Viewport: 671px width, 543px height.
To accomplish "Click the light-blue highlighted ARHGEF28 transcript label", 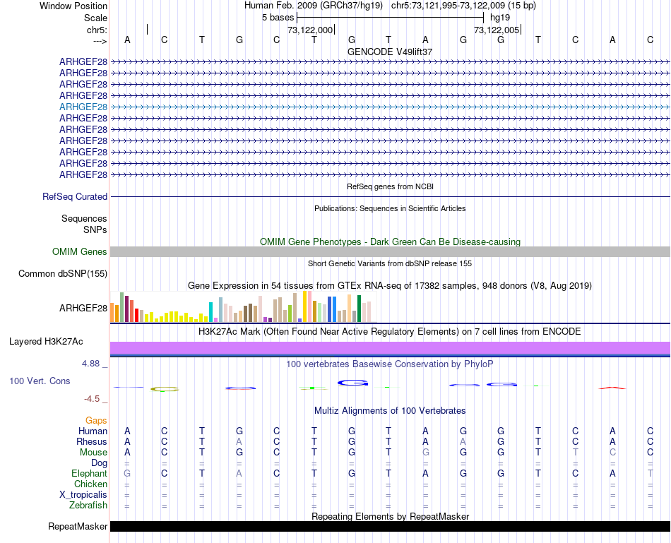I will coord(83,107).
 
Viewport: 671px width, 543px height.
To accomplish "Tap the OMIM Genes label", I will coord(80,251).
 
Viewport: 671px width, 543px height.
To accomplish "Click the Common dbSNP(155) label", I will coord(63,273).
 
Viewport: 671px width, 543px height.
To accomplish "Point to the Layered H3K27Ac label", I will coord(46,342).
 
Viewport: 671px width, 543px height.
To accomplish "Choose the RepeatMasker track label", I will coord(78,527).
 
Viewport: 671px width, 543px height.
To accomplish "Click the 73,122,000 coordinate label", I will coord(310,30).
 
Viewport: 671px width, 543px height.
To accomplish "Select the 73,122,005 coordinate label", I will coord(497,30).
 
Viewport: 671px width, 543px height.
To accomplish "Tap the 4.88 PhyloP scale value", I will coord(92,364).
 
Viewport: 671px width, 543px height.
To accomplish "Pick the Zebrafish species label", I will coord(88,506).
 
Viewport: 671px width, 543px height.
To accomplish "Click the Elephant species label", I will coord(89,474).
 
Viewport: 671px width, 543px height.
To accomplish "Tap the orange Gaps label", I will coord(96,421).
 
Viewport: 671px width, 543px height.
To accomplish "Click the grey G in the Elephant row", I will coord(127,474).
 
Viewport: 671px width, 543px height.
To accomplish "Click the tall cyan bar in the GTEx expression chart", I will coord(211,311).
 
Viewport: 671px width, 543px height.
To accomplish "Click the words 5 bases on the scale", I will coord(278,17).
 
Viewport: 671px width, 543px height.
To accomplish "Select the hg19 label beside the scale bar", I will coord(499,17).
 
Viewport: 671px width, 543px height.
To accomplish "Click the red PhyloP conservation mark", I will coord(612,388).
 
